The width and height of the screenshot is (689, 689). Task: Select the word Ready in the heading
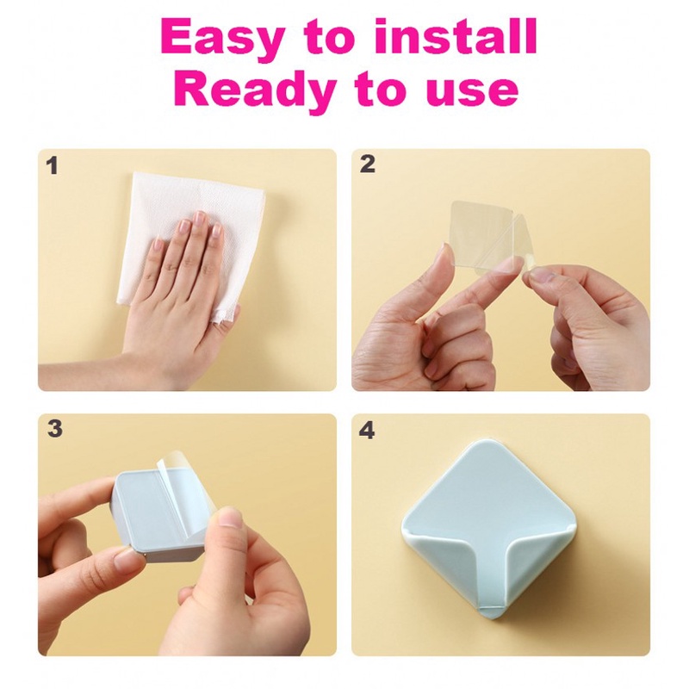[x=255, y=90]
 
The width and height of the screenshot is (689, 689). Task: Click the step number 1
[x=53, y=166]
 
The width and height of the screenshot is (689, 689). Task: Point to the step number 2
[x=368, y=164]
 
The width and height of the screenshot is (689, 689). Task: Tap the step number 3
[x=55, y=429]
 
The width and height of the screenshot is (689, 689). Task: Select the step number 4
[x=367, y=431]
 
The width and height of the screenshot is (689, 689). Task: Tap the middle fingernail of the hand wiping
[x=201, y=217]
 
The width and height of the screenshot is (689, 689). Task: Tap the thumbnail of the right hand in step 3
[x=230, y=518]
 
